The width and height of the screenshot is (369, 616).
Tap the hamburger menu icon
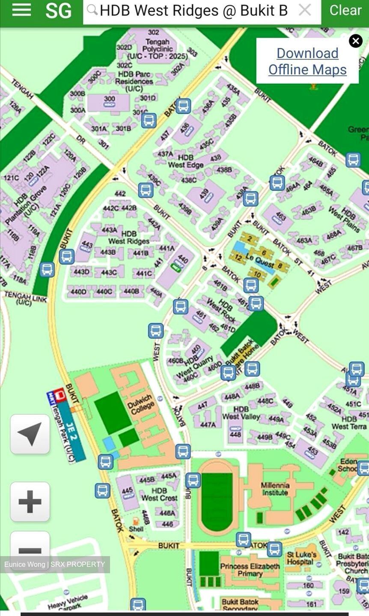coord(21,10)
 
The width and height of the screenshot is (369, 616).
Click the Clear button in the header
coord(345,10)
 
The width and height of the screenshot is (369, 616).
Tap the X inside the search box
coord(305,10)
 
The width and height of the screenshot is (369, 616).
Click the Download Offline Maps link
coord(307,61)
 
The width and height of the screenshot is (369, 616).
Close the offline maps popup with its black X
coord(355,41)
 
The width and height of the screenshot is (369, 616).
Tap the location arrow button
coord(30,434)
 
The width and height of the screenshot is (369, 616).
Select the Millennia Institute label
coord(275,489)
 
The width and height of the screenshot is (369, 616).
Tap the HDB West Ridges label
coord(129,237)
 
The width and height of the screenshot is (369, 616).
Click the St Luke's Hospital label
coord(301,558)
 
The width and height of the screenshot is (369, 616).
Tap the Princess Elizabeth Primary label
coord(250,569)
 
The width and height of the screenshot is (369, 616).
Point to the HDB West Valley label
coord(241,413)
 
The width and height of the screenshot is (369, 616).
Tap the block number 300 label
coord(109,99)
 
